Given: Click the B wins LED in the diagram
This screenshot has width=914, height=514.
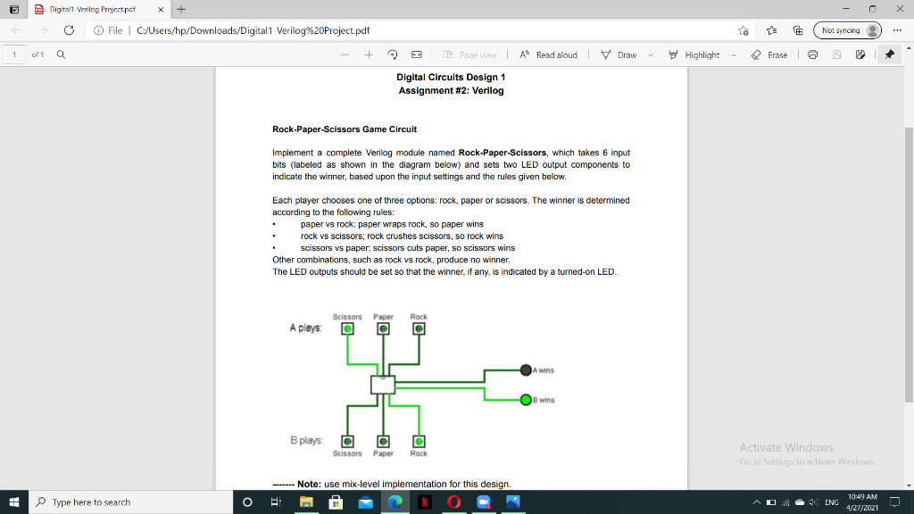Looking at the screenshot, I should [527, 400].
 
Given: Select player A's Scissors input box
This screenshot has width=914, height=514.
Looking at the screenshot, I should [347, 328].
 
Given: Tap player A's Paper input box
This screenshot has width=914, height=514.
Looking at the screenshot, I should [383, 328].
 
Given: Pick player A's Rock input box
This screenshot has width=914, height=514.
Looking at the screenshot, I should [419, 328].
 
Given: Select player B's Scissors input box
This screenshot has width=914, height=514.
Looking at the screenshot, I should [347, 441].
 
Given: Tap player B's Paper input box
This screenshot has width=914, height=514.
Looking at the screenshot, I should [383, 441].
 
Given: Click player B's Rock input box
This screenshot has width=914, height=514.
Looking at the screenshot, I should [419, 441].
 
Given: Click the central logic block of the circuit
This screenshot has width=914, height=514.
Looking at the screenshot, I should [383, 385].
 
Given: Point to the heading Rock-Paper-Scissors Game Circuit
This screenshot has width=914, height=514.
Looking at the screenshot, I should [344, 129].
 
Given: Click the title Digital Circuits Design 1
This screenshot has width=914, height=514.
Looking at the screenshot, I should [451, 78].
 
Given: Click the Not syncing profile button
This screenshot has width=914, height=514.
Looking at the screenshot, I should [848, 30].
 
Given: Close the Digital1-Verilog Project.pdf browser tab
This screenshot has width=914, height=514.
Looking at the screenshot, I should [161, 9].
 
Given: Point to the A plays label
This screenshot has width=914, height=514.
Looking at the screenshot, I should [305, 328].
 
